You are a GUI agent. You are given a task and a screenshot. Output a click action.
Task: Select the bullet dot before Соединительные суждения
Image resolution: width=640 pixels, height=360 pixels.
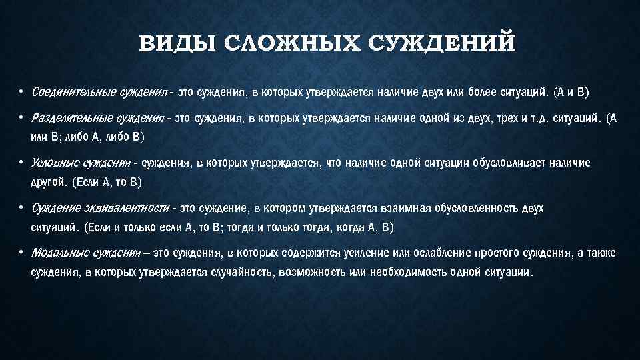[x=21, y=91]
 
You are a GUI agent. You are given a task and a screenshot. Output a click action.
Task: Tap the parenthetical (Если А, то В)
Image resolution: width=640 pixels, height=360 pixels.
[x=108, y=181]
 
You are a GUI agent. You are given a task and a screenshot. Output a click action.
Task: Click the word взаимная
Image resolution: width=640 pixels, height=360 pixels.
[x=406, y=209]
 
